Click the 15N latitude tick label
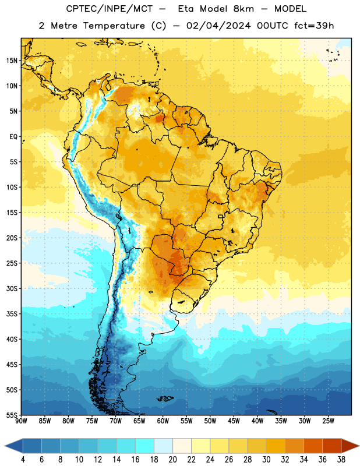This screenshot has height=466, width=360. coord(12,61)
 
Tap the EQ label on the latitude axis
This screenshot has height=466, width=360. coord(13,137)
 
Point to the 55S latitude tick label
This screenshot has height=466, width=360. coord(12,415)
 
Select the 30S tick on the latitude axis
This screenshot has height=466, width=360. coord(12,288)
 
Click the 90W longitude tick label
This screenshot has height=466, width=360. coord(22,421)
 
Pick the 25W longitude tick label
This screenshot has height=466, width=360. coord(328,421)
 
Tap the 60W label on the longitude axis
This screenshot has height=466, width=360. coord(163,421)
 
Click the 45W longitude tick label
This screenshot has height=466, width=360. coord(234,421)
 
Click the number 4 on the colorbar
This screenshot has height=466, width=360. coord(23,460)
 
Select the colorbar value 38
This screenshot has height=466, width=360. coord(341,460)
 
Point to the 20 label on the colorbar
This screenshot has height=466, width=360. coord(172,460)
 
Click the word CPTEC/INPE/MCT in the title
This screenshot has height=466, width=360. coord(110,9)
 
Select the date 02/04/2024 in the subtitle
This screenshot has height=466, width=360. coord(218,26)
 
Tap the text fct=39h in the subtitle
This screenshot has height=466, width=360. coord(314,26)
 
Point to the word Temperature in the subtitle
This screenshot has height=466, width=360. coord(114,26)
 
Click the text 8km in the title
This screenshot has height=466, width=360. coord(243,9)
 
